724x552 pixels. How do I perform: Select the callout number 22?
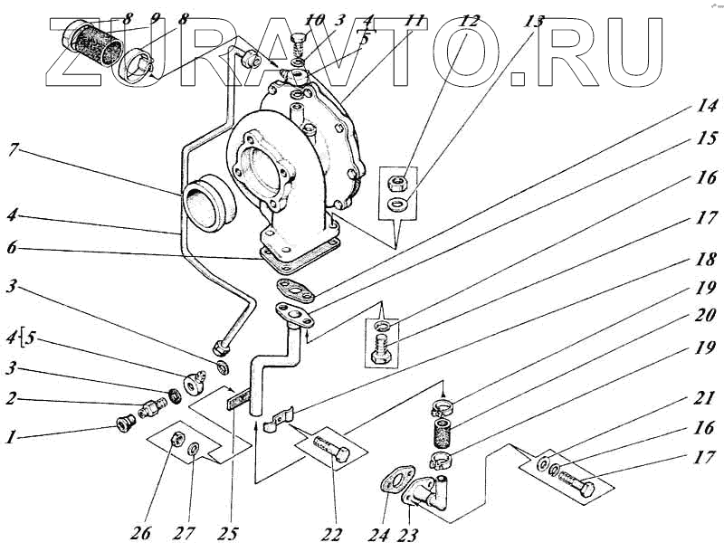(333, 533)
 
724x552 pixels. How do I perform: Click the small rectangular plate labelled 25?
(238, 397)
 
